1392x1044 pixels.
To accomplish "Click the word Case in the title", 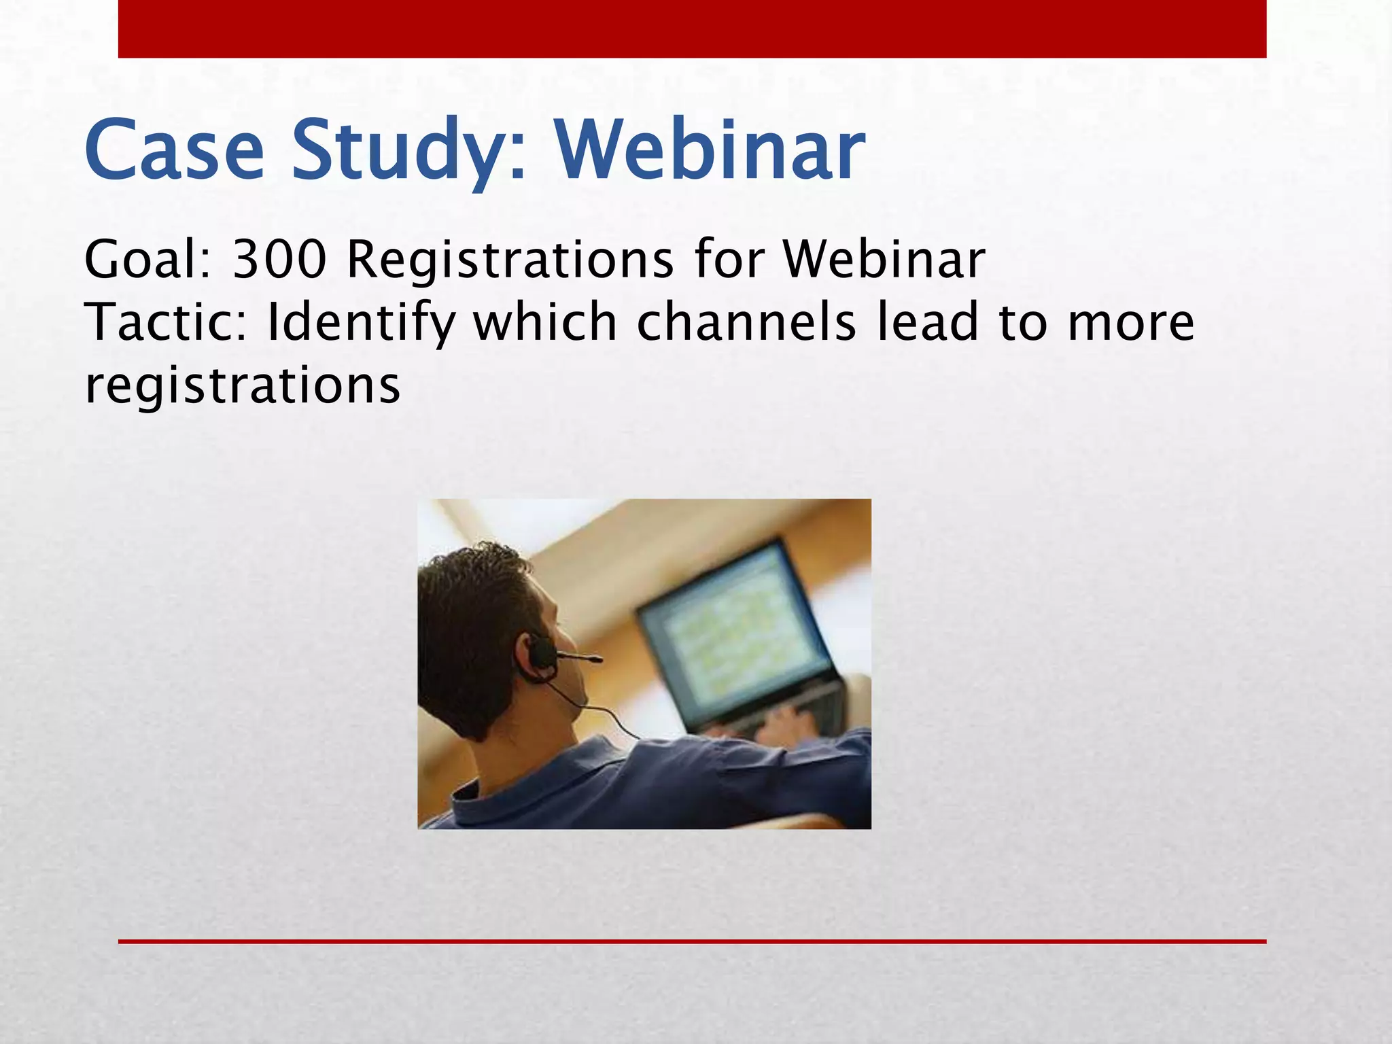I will coord(174,151).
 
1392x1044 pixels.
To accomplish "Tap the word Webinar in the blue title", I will coord(711,151).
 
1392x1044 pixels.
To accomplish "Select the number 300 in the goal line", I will coord(279,260).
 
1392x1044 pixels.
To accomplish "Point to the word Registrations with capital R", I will coord(510,260).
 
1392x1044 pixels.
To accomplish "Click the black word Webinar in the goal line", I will coord(884,260).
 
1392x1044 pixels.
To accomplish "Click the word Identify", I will coord(360,322).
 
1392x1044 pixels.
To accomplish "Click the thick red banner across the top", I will coord(692,29).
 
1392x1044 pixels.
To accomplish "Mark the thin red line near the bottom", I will coord(692,941).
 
